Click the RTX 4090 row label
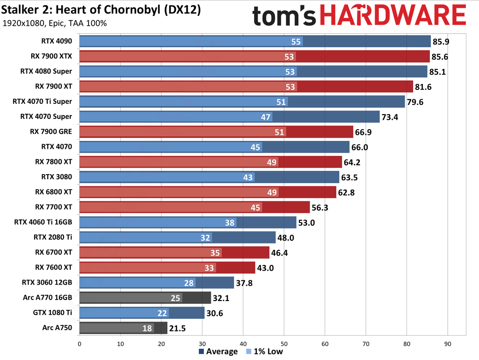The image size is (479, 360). [x=57, y=41]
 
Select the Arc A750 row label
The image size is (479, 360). [x=57, y=328]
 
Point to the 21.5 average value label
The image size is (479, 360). [x=177, y=328]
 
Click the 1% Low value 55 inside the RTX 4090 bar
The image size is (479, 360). [x=296, y=42]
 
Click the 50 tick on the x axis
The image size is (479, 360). [x=284, y=344]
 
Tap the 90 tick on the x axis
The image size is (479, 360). [x=448, y=344]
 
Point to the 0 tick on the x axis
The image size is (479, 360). [x=80, y=344]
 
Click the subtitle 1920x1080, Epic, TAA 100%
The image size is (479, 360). [x=55, y=23]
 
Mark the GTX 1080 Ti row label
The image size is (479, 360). [x=53, y=313]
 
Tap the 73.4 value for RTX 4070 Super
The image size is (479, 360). [x=390, y=117]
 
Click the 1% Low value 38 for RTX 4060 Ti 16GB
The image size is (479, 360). [x=230, y=222]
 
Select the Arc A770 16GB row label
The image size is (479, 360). [x=48, y=298]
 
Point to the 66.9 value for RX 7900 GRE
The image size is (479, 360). [x=363, y=132]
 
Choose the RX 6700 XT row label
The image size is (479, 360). [x=54, y=252]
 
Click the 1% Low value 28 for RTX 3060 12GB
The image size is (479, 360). [x=189, y=283]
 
